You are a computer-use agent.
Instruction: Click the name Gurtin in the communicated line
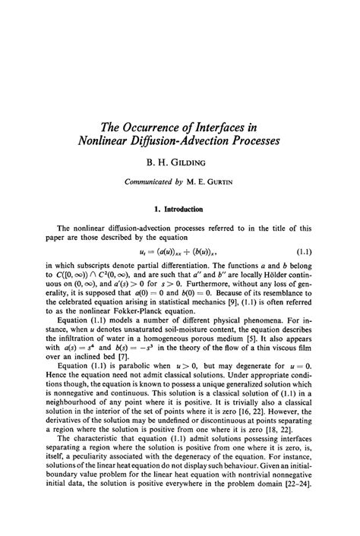click(220, 181)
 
